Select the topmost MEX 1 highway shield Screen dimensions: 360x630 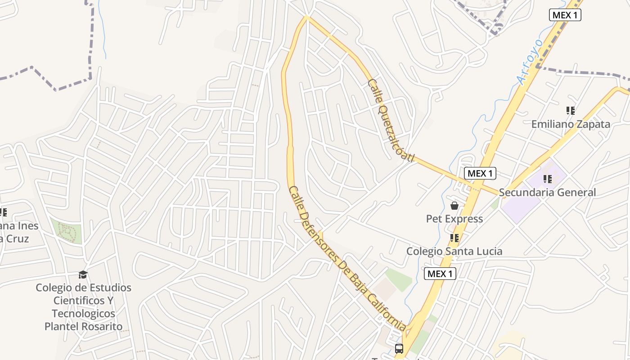(565, 15)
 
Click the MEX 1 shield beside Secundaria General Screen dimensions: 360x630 (480, 173)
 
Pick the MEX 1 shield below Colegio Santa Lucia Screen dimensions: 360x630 (440, 274)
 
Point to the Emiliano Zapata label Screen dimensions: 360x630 (571, 124)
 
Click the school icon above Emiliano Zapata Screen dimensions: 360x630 (571, 110)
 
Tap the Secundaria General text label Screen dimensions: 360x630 (547, 193)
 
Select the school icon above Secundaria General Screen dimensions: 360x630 (547, 179)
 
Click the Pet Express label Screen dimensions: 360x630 (454, 219)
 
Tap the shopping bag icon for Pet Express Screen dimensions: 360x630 (454, 206)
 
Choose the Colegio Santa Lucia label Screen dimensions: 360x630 (454, 251)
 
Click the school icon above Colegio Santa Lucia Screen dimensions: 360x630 (454, 238)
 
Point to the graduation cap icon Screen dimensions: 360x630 (83, 274)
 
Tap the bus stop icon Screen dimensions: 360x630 (399, 348)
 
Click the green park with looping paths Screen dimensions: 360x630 (67, 231)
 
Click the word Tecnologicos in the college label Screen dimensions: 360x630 (83, 314)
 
